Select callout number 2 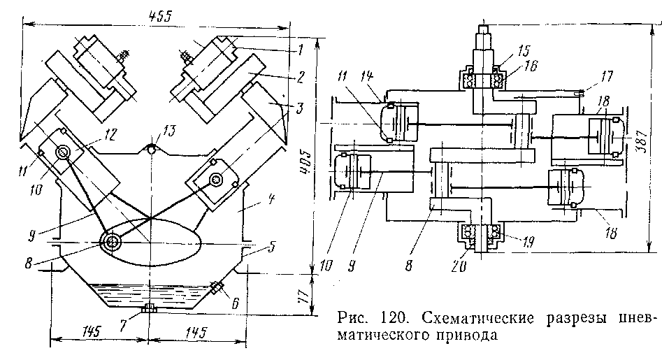point(300,75)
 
